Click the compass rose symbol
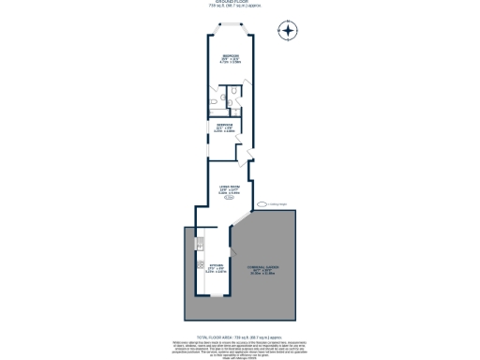tap(287, 31)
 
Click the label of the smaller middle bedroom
tap(226, 128)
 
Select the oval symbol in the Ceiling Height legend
tap(264, 203)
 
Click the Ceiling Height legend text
tap(278, 203)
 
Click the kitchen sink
tap(200, 246)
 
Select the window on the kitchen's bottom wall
tap(217, 297)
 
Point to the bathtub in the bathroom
tap(215, 97)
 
